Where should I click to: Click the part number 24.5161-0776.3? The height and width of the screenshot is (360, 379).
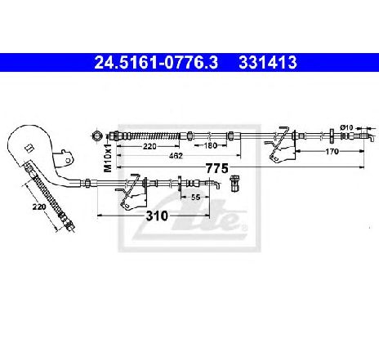[x=156, y=63]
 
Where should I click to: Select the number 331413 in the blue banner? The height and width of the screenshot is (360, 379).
[x=268, y=63]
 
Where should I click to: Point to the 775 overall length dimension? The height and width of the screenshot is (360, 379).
[x=216, y=168]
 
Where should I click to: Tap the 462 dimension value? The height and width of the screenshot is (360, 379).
[x=176, y=156]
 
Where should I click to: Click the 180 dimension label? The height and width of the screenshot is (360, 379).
[x=211, y=145]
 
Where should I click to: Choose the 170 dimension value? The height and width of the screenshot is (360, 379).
[x=332, y=151]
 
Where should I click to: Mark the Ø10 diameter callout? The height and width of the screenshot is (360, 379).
[x=346, y=127]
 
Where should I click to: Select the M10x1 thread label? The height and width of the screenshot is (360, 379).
[x=108, y=158]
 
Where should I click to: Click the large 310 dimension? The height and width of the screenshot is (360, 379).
[x=157, y=216]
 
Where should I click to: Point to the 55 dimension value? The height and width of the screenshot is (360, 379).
[x=195, y=198]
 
